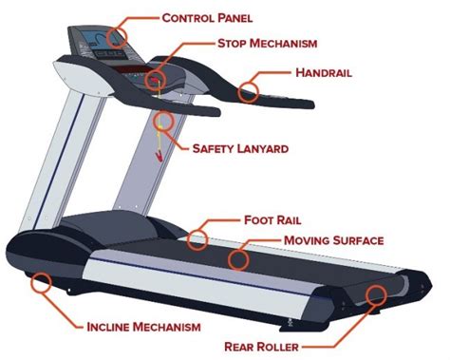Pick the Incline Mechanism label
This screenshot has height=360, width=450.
[x=142, y=327]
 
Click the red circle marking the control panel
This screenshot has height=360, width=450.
[x=116, y=36]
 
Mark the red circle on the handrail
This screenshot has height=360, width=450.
[x=249, y=91]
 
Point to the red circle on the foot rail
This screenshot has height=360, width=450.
[x=197, y=237]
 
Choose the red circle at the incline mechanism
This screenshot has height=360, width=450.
[x=41, y=281]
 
